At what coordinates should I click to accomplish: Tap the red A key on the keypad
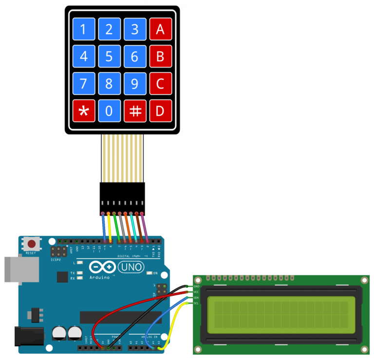(160, 30)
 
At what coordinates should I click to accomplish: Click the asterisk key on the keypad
(84, 111)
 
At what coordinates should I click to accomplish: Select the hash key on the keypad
(135, 111)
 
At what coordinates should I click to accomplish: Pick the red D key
(160, 111)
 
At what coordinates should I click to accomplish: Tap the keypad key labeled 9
(135, 84)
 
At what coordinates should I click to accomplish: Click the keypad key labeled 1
(84, 30)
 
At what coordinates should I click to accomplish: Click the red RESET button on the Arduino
(32, 244)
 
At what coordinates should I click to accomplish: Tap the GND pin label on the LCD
(196, 287)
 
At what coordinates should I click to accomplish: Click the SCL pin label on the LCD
(196, 303)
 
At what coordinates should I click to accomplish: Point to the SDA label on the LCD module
(196, 298)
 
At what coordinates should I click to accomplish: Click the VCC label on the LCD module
(196, 292)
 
